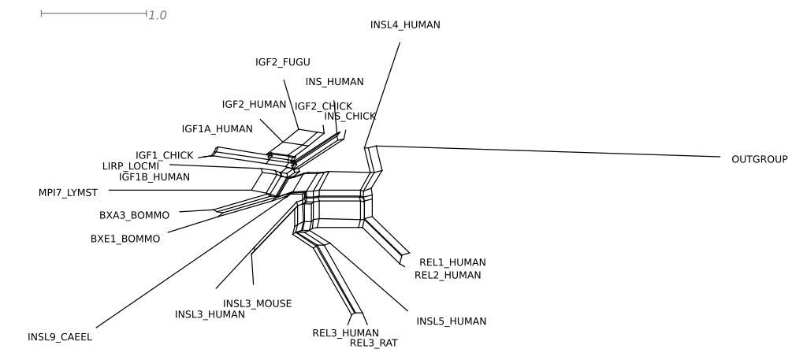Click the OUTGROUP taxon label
click(759, 159)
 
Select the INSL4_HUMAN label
click(405, 25)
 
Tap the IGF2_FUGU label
click(283, 62)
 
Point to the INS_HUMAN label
click(334, 82)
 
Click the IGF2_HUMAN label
click(254, 104)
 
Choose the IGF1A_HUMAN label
click(218, 129)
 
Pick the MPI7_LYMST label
click(69, 192)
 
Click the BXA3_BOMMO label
click(134, 215)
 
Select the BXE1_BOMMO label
click(125, 239)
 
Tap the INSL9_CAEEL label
click(60, 337)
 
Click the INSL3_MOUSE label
click(257, 304)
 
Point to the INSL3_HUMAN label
click(210, 314)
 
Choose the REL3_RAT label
click(374, 343)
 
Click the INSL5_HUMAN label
click(451, 321)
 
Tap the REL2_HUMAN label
click(448, 275)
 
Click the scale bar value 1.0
click(158, 16)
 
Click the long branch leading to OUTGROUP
click(552, 151)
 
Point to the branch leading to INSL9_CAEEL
click(181, 268)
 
